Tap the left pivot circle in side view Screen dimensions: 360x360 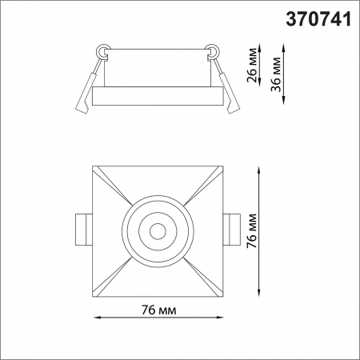coord(103,51)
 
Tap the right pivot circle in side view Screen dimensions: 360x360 coord(213,51)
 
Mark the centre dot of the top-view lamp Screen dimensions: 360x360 coord(158,231)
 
